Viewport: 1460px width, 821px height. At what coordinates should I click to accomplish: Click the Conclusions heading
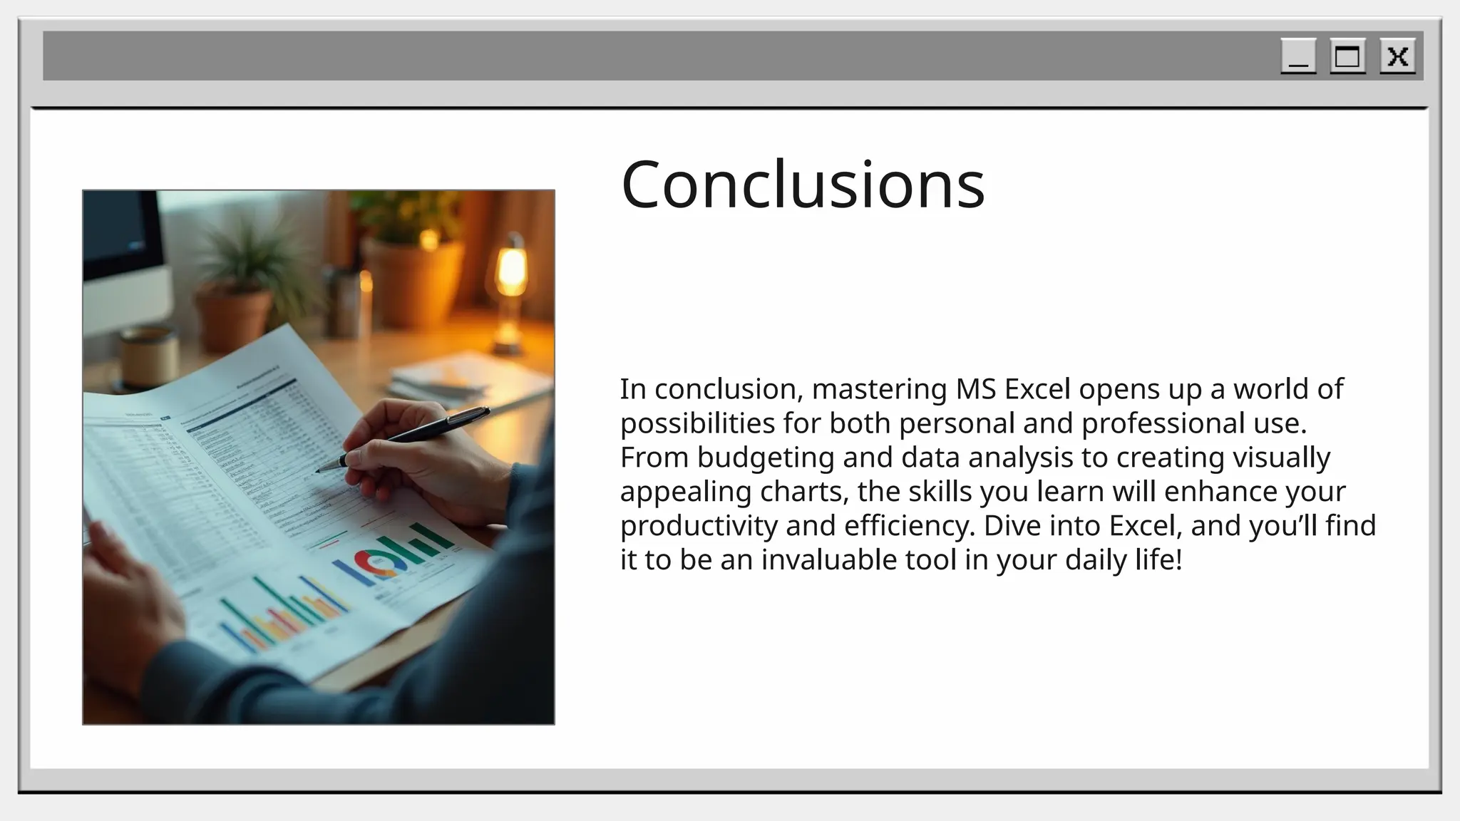(x=803, y=185)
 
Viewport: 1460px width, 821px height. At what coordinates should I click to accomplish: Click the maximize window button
(x=1347, y=56)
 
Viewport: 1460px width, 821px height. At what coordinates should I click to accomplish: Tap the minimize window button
(x=1298, y=56)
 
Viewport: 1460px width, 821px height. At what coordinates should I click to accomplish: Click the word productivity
(x=699, y=527)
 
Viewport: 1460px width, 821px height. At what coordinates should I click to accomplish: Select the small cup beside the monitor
(x=148, y=356)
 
